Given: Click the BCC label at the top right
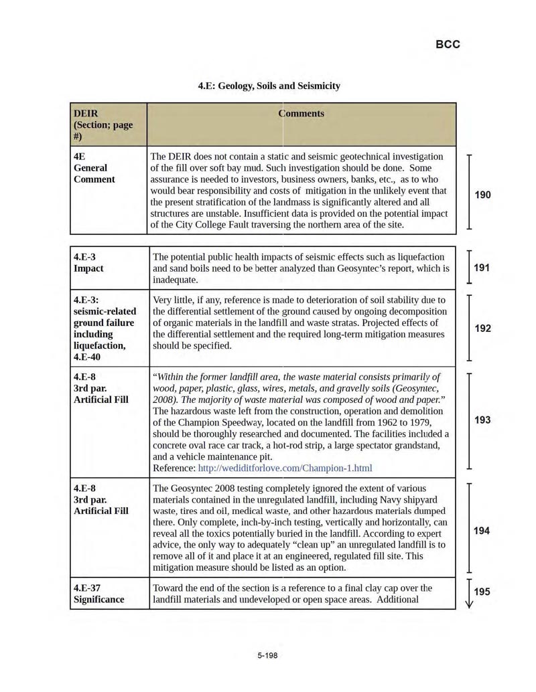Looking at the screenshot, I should [448, 45].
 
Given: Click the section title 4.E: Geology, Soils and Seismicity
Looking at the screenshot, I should [269, 86].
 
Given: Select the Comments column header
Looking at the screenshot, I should [301, 114].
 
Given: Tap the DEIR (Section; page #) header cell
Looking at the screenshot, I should [103, 124].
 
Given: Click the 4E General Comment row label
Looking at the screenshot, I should [94, 167].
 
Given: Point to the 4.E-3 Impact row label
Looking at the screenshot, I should [88, 262].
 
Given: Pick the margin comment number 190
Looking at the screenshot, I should [482, 195].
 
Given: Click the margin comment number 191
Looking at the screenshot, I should [482, 268].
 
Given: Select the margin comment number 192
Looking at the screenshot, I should [482, 328].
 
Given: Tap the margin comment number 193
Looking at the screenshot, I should [482, 420].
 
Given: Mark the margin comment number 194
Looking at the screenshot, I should [482, 531].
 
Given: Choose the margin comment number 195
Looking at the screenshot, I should [482, 592].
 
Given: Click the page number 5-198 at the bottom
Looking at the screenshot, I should [267, 655].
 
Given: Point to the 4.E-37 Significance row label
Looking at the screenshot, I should [98, 594].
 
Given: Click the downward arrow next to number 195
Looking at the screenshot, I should [469, 594].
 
